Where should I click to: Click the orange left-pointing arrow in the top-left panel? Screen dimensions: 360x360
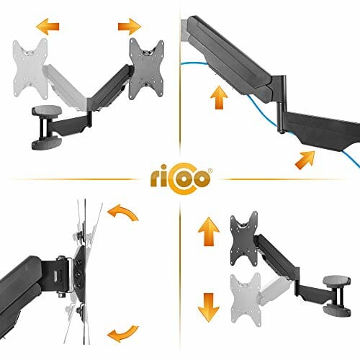(48, 26)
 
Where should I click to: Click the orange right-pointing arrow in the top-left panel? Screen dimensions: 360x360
(130, 26)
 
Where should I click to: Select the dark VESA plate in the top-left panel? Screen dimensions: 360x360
(146, 68)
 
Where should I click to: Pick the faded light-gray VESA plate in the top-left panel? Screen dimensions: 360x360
(30, 68)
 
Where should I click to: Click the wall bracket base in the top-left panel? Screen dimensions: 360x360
(47, 127)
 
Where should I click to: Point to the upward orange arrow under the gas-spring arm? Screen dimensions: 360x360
(219, 98)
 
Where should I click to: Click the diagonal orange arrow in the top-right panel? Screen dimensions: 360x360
(305, 160)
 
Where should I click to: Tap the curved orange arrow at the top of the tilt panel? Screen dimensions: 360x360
(124, 212)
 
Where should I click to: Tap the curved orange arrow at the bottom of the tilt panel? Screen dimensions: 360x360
(124, 333)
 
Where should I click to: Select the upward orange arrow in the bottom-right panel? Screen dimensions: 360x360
(209, 231)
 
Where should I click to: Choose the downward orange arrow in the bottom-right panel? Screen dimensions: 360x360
(209, 307)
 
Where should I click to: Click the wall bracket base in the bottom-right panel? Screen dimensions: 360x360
(337, 296)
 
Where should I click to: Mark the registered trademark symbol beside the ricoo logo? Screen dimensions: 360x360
(210, 171)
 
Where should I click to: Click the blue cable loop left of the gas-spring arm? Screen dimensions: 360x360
(192, 64)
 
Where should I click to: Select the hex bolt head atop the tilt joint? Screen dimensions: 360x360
(61, 258)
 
